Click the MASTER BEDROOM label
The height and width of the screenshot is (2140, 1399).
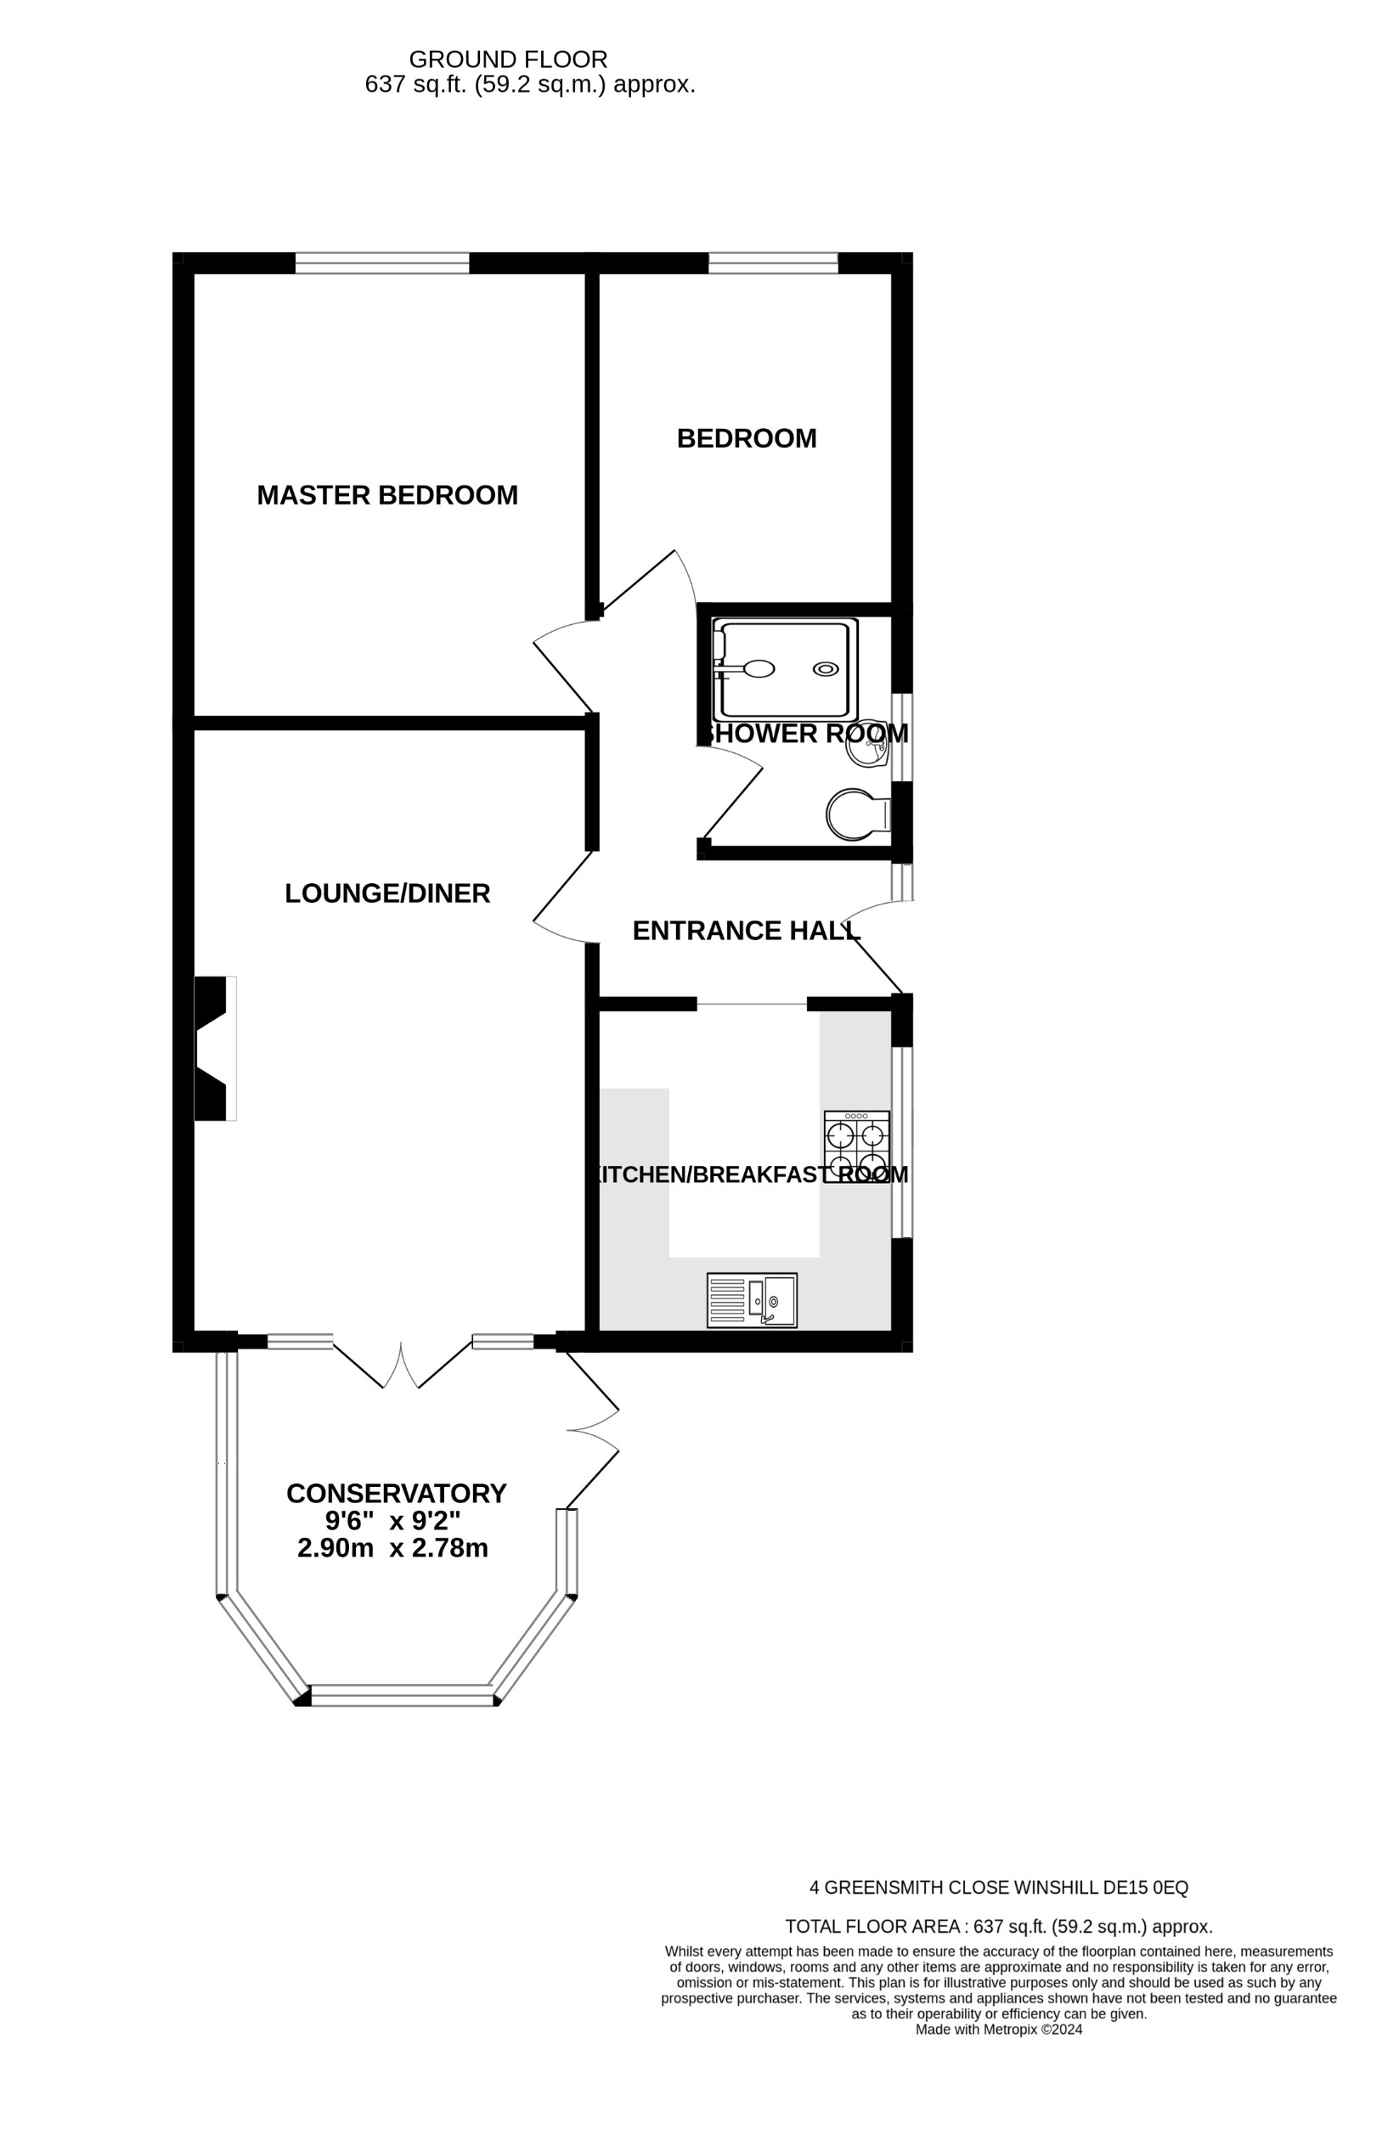tap(387, 495)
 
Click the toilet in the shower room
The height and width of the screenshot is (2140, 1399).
tap(855, 815)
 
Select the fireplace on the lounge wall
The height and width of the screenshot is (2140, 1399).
tap(213, 1049)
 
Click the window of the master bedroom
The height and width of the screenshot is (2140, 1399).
tap(382, 262)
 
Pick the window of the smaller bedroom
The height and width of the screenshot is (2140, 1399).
tap(772, 262)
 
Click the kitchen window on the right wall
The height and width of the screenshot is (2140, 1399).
tap(902, 1142)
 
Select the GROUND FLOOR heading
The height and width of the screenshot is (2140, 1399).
tap(508, 59)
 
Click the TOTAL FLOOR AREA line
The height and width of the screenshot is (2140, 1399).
tap(998, 1927)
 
